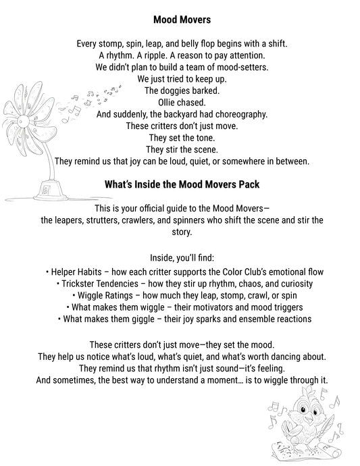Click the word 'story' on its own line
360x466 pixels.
(180, 231)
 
